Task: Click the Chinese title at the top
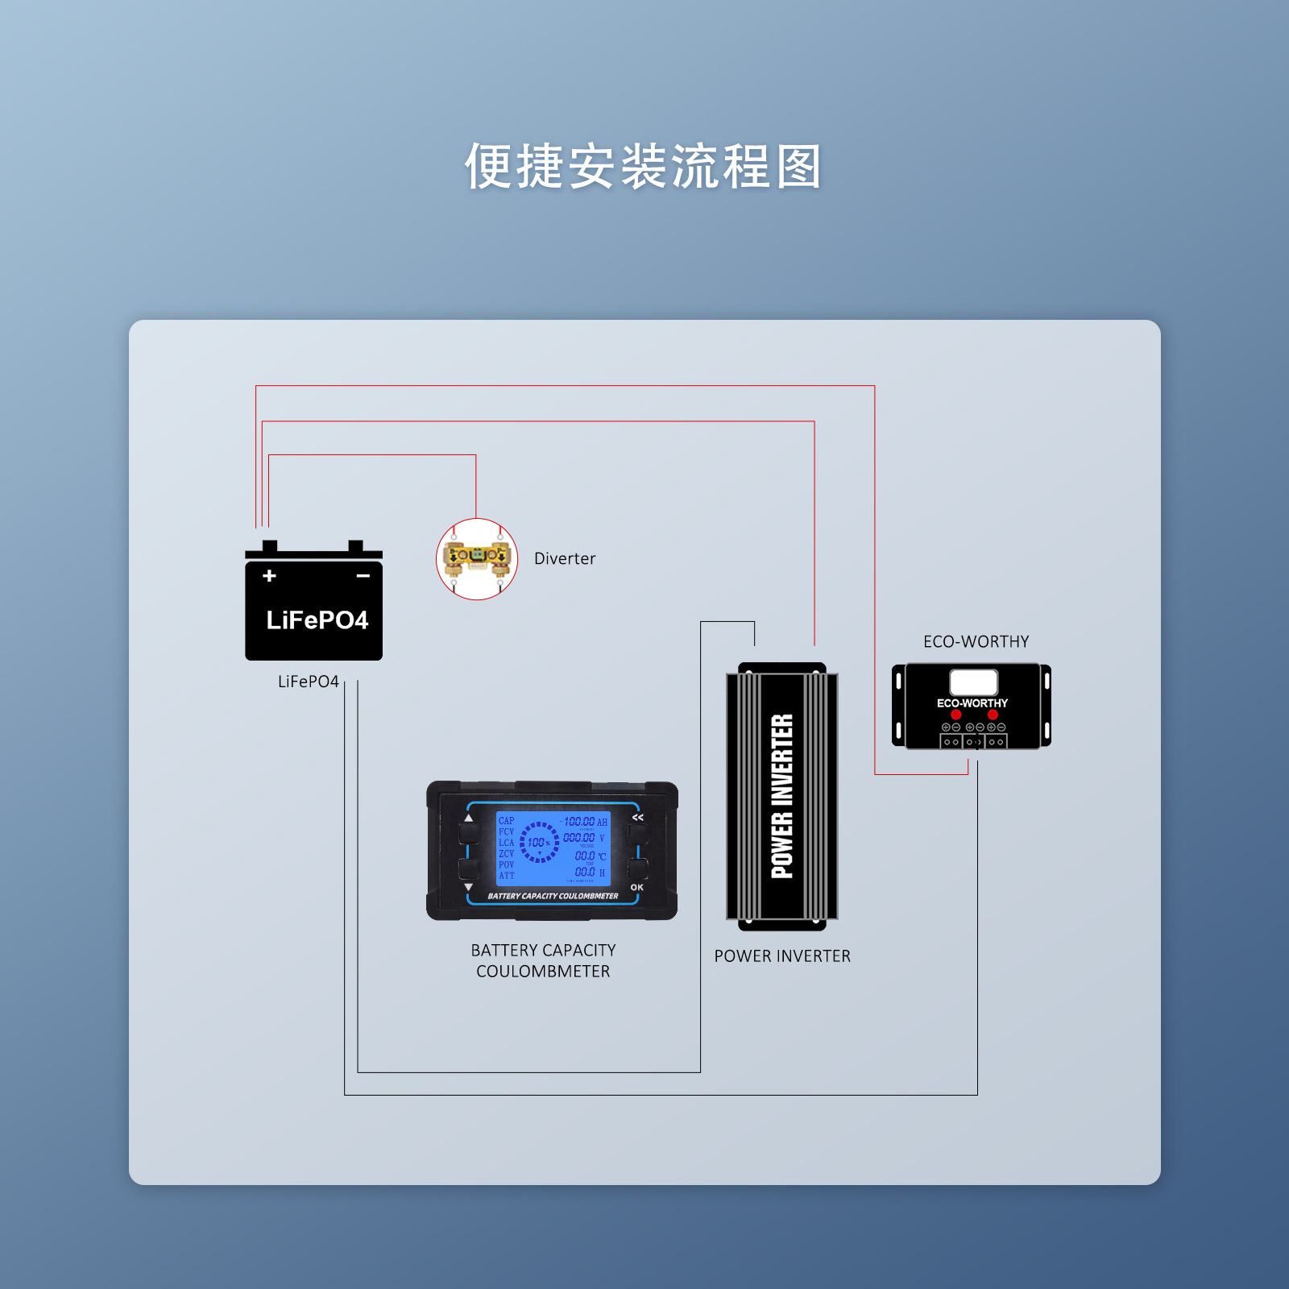643,167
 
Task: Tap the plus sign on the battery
270,575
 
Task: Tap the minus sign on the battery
363,575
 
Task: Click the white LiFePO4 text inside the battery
317,620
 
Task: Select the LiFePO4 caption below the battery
308,682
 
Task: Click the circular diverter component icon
477,558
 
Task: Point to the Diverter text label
565,558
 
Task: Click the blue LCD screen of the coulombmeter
553,848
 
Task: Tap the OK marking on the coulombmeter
637,887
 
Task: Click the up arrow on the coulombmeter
469,818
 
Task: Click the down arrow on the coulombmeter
469,887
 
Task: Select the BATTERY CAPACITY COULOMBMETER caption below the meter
543,960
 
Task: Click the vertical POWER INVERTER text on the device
782,795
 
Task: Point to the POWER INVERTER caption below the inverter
782,956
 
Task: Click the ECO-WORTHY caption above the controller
976,641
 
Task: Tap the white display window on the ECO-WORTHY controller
973,682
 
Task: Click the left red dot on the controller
956,715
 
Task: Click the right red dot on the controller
993,715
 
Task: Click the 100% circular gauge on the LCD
538,843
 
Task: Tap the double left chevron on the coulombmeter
638,818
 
